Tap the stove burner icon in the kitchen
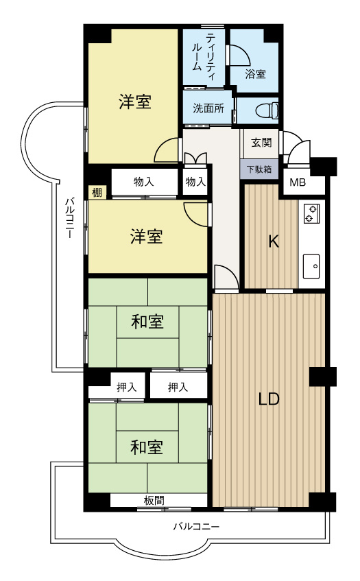(310, 213)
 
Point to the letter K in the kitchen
(272, 241)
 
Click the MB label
(297, 182)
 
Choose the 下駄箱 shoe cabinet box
(259, 168)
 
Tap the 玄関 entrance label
(261, 143)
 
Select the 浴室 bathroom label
(256, 73)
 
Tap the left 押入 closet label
(126, 388)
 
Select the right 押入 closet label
(178, 388)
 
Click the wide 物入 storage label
(143, 182)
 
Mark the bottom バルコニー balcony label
(195, 527)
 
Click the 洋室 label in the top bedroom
(134, 102)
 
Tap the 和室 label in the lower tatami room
(147, 447)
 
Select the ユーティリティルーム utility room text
(204, 54)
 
